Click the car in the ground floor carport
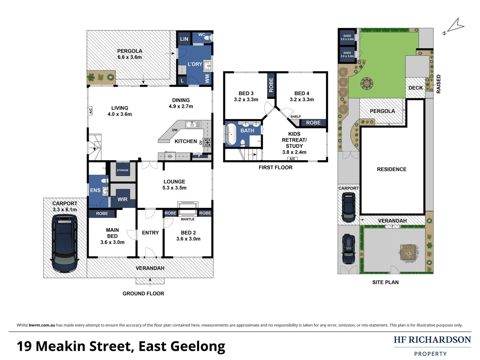tap(65, 243)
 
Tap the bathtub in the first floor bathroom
tap(231, 135)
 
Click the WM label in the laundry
tap(207, 79)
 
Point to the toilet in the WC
tap(208, 39)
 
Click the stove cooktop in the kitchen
tap(207, 142)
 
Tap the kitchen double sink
tap(193, 125)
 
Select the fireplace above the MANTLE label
tap(188, 209)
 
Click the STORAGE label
tap(122, 170)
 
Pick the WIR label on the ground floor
tap(122, 199)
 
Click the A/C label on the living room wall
tap(90, 111)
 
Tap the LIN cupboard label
tap(184, 39)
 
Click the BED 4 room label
tap(302, 93)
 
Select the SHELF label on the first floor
tap(295, 117)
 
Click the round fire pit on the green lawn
tap(367, 83)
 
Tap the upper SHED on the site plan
tap(347, 37)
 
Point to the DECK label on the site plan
tap(415, 88)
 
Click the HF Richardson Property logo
tap(432, 346)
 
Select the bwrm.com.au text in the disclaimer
tap(42, 325)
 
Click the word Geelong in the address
tap(198, 347)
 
